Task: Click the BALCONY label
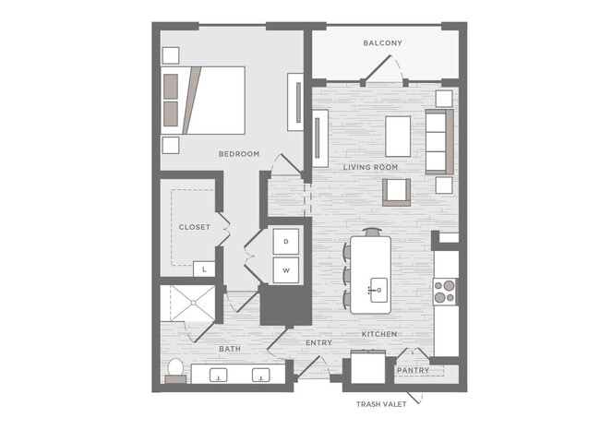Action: click(x=383, y=42)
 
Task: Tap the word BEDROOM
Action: click(x=239, y=154)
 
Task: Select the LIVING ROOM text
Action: click(x=370, y=167)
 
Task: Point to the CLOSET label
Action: click(x=195, y=227)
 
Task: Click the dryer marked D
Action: click(x=286, y=242)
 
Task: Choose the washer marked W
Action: click(x=286, y=270)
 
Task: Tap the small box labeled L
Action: click(x=204, y=269)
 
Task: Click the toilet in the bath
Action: click(x=175, y=370)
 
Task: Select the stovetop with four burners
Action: click(x=445, y=292)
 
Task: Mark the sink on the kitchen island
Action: click(x=378, y=291)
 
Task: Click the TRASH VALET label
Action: click(x=381, y=404)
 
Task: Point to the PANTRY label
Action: click(x=413, y=370)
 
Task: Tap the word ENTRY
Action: click(x=318, y=342)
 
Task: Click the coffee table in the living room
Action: click(x=398, y=137)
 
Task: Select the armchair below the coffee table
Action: click(x=396, y=192)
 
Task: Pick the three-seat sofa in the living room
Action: click(x=439, y=142)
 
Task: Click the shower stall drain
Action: click(x=194, y=303)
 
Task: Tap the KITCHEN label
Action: click(x=379, y=334)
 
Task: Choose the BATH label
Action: click(x=230, y=349)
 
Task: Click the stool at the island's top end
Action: click(x=373, y=232)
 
